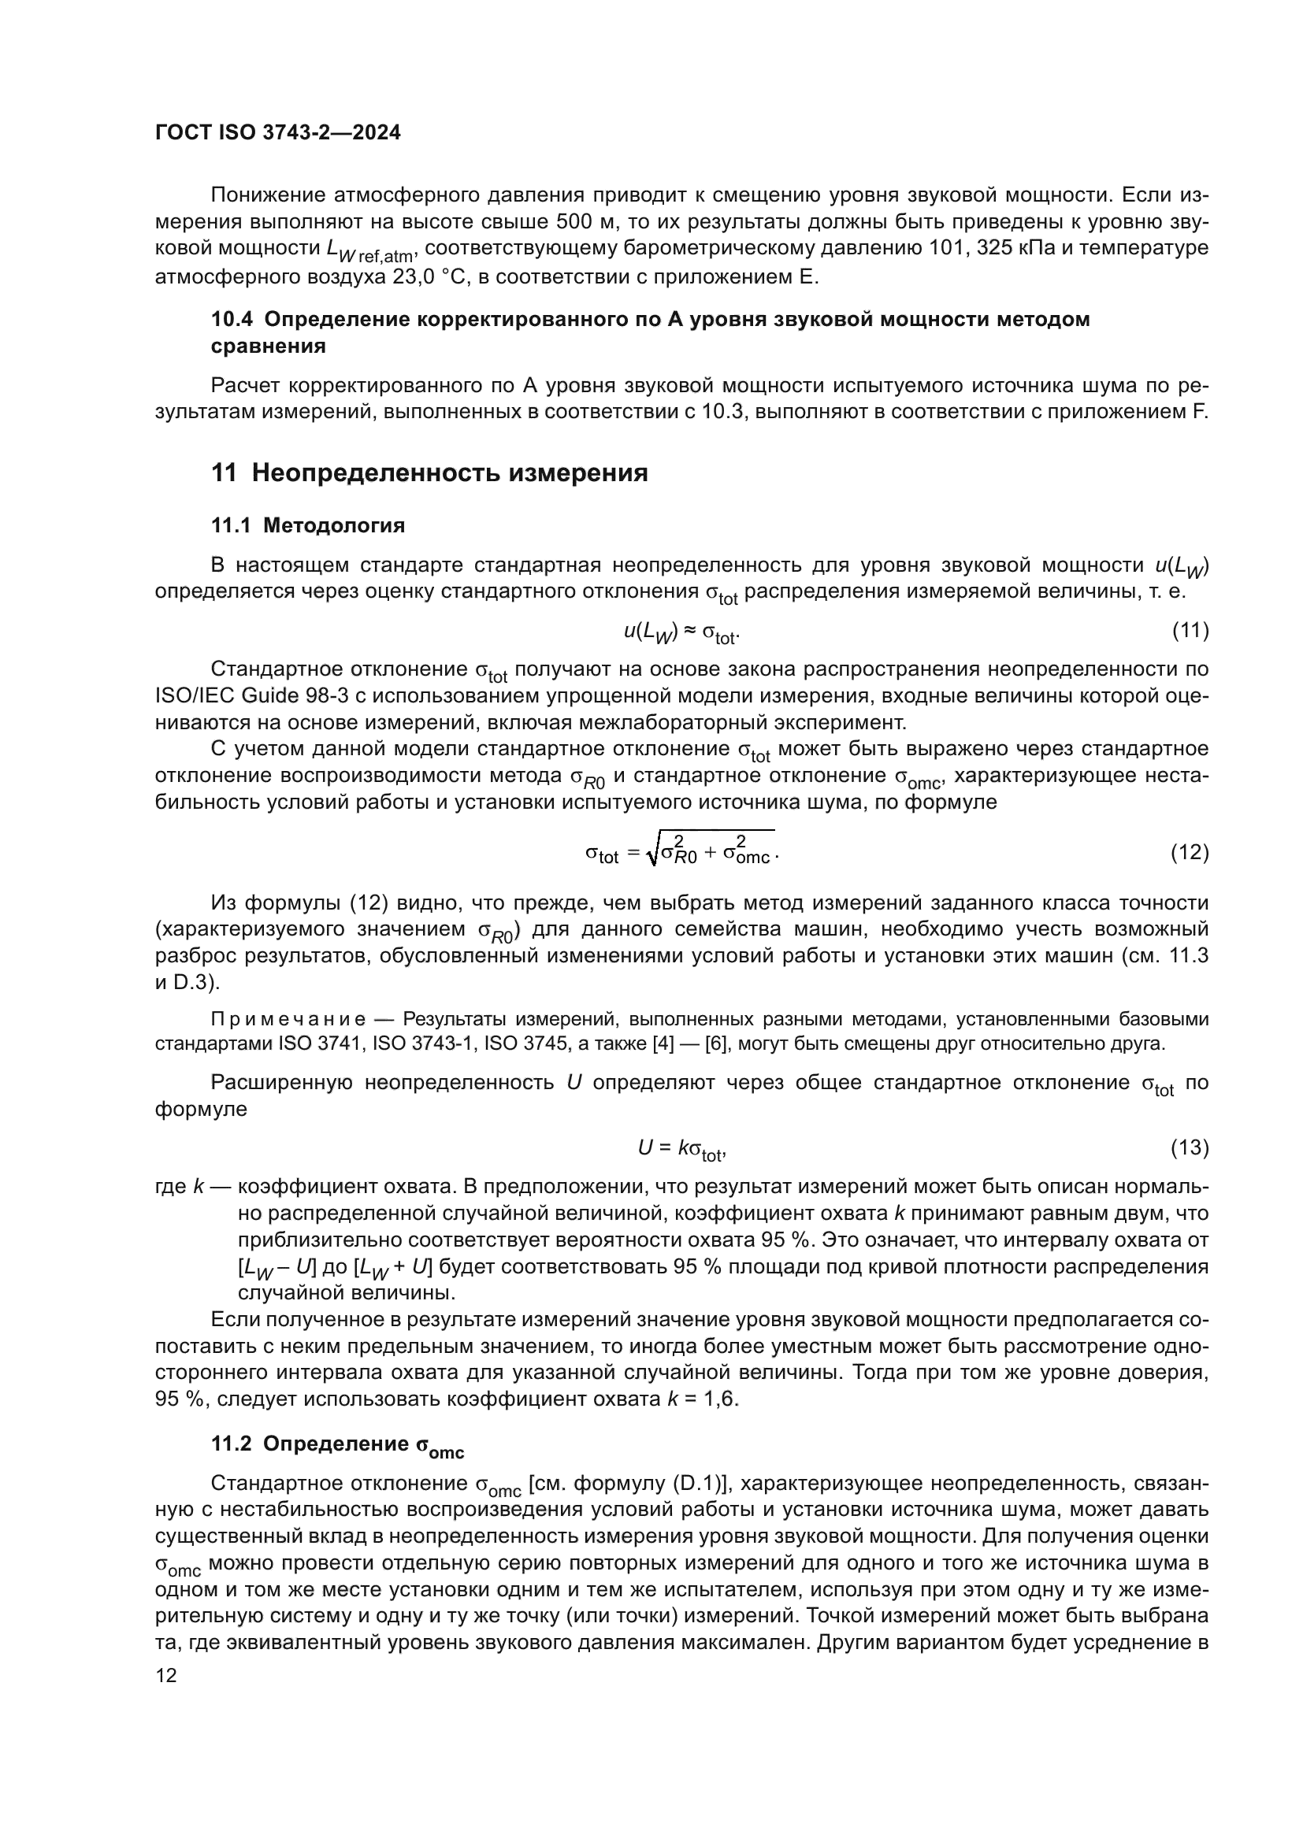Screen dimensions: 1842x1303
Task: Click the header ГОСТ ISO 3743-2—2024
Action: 277,133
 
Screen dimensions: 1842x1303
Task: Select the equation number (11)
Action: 1190,631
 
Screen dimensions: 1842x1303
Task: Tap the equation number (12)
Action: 1190,852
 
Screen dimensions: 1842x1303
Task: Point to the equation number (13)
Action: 1190,1148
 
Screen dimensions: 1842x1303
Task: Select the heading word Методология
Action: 334,525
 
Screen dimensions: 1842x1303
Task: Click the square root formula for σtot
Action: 682,852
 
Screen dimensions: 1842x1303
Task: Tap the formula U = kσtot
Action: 682,1150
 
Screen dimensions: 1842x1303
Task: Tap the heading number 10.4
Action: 231,319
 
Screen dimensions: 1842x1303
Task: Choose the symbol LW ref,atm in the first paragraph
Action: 370,251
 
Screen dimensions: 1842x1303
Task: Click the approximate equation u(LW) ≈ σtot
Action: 682,633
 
